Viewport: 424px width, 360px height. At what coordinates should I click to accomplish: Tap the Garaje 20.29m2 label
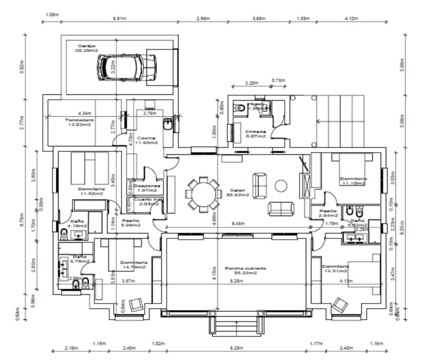click(86, 48)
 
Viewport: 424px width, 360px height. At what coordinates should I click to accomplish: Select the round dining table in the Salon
click(203, 195)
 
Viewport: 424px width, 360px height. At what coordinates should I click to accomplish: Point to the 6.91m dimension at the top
click(119, 18)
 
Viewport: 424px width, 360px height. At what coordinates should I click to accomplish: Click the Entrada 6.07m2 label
click(255, 134)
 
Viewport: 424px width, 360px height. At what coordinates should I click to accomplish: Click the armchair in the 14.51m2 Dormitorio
click(340, 305)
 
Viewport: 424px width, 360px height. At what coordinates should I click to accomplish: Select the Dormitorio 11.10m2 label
click(353, 181)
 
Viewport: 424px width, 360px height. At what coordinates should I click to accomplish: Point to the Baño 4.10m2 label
click(78, 223)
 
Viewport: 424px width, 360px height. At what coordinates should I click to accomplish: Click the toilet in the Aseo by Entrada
click(240, 108)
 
